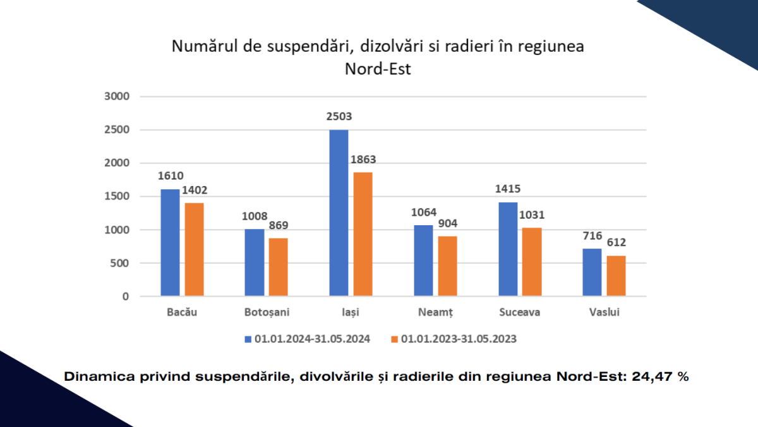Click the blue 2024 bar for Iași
(339, 213)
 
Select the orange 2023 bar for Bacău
(194, 249)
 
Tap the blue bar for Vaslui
(592, 272)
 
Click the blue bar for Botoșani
(255, 263)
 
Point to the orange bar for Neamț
(447, 266)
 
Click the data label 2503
(339, 117)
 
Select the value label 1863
(363, 159)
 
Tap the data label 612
(617, 243)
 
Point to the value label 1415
(508, 189)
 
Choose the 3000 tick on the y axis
(116, 97)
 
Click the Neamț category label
(435, 313)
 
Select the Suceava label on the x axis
(519, 313)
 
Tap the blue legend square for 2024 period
(248, 339)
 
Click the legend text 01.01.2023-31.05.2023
(459, 339)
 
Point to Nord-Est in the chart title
(377, 69)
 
